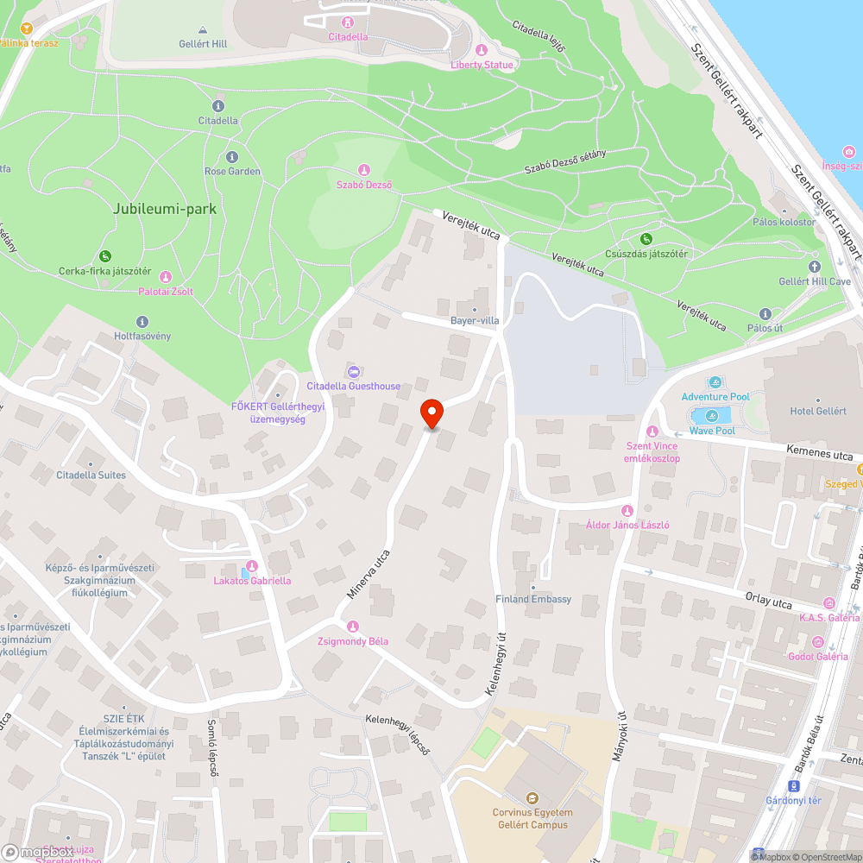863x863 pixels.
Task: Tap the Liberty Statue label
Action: (482, 65)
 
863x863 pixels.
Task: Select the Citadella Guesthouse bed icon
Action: (353, 372)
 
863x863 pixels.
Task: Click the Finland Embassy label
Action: (533, 599)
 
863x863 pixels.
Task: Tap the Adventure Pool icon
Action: (715, 382)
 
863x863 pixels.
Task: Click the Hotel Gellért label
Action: (818, 411)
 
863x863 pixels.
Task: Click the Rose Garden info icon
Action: (231, 157)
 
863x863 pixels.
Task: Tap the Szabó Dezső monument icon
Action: (364, 170)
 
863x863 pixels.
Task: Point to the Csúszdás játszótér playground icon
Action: (646, 239)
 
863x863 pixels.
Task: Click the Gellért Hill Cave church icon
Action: (815, 267)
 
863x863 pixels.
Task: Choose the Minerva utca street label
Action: (369, 575)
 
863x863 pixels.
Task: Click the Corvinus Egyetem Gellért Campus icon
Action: (532, 798)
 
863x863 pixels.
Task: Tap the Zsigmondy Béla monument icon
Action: (352, 627)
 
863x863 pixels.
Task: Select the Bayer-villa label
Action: (475, 320)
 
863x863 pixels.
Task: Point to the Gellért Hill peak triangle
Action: (203, 29)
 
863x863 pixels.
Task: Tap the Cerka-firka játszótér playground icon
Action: (105, 255)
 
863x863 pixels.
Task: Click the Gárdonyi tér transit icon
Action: (795, 785)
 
